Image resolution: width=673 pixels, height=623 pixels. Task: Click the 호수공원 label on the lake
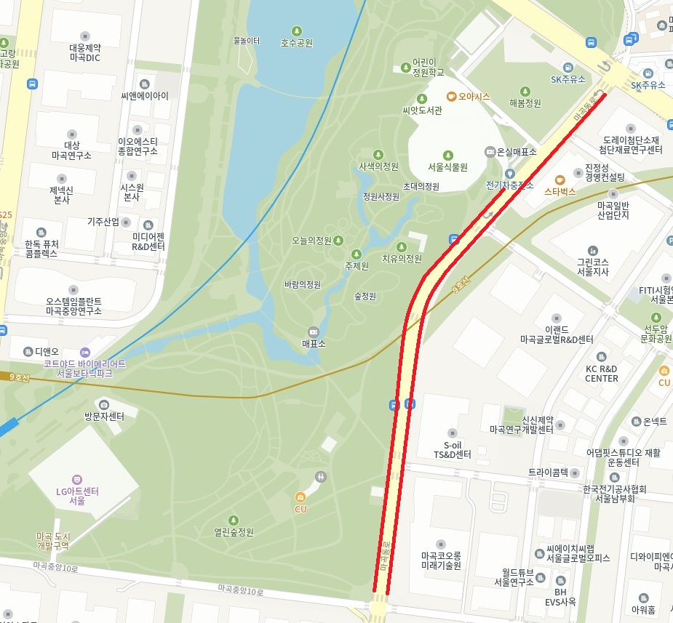297,43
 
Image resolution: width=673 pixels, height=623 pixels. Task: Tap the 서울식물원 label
447,166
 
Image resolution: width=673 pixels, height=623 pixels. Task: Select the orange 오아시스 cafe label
474,96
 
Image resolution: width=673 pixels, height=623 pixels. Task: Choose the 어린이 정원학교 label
428,68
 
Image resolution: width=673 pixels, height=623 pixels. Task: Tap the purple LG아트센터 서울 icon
77,479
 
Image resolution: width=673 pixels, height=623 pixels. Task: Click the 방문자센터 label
103,417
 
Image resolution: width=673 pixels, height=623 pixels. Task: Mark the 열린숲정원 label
234,531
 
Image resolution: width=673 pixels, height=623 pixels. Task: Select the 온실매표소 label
516,152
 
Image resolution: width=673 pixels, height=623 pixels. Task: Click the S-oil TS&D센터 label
453,449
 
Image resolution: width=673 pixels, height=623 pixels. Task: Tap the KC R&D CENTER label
601,373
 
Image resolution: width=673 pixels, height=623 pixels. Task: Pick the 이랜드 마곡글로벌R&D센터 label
557,334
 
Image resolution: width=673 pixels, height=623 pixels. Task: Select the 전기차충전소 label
509,185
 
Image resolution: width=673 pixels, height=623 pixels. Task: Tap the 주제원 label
357,266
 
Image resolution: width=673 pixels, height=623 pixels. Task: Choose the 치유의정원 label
402,258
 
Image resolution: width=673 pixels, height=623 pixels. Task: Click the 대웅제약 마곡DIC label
84,52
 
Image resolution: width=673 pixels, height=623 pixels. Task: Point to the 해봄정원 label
525,103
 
